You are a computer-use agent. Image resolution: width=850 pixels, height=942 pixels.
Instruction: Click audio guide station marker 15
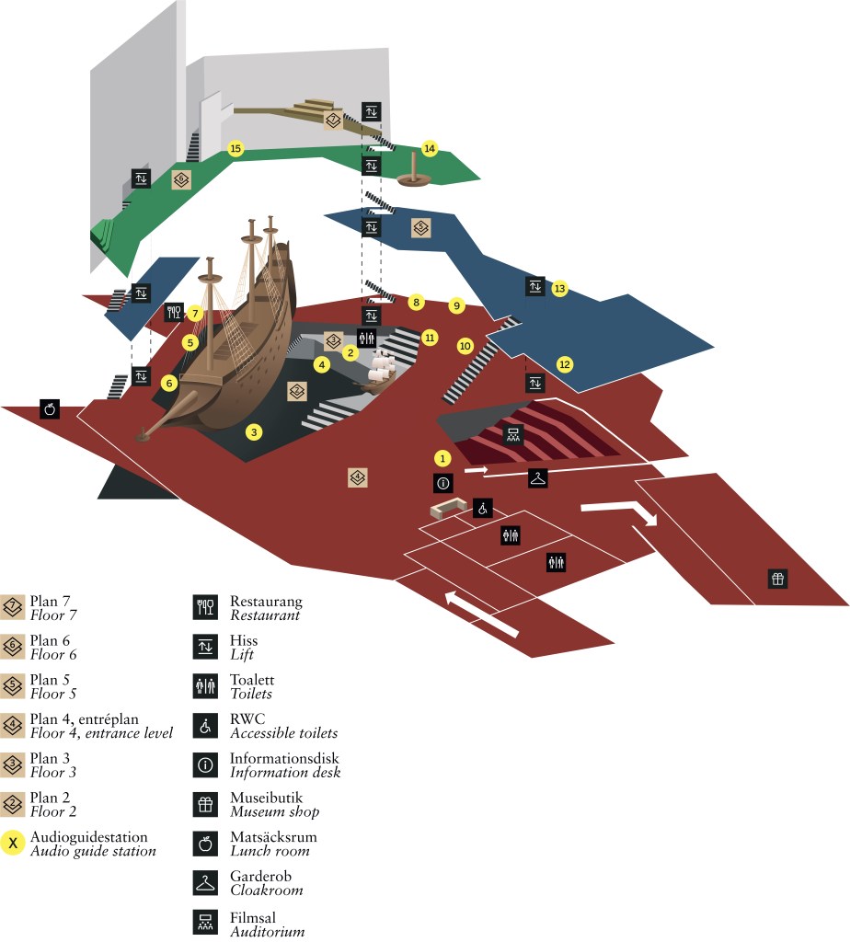235,148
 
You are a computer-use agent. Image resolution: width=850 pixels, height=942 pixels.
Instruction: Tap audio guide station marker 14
429,148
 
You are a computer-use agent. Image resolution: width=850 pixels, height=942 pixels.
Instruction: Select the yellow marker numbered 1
442,457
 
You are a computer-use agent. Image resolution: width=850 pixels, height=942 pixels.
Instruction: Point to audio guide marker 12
565,364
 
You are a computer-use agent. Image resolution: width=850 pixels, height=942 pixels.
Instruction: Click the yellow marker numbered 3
255,431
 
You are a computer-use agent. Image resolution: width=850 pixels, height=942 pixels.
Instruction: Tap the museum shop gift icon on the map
778,579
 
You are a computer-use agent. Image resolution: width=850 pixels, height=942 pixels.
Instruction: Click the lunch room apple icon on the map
51,408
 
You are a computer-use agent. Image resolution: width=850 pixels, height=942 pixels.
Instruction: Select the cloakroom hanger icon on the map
538,477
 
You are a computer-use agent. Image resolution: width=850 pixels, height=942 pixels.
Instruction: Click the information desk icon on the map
442,482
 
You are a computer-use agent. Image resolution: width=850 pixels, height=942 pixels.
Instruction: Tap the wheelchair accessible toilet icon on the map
483,508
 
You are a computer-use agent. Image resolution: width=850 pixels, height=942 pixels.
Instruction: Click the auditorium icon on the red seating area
512,435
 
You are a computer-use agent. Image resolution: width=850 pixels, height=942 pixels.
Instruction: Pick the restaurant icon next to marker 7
175,313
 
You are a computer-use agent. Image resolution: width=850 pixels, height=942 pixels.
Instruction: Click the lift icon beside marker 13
535,286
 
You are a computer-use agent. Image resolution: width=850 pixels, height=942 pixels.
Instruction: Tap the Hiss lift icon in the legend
204,647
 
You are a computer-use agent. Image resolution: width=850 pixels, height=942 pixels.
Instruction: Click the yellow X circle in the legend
13,843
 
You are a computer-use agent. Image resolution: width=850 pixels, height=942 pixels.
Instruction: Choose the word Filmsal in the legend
254,917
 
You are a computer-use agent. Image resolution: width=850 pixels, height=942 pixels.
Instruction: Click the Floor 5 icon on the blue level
420,226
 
